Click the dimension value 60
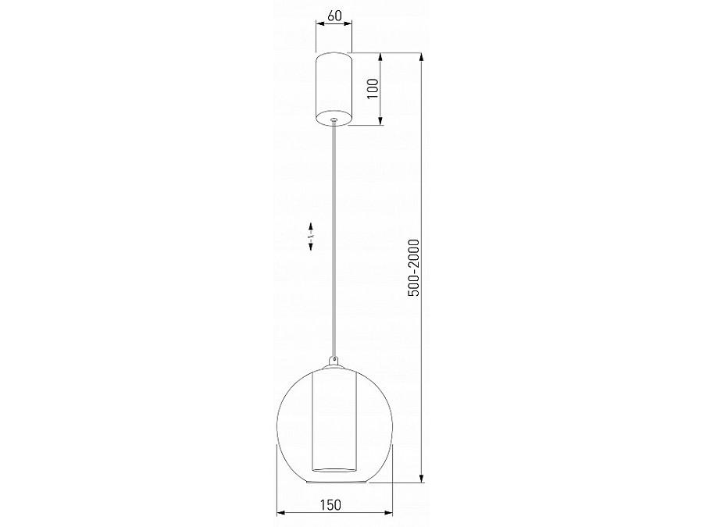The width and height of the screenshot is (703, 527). [x=334, y=16]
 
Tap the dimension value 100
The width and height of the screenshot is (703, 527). [x=373, y=87]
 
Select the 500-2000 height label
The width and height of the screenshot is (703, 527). [x=414, y=267]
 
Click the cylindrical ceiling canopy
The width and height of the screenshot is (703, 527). [x=334, y=87]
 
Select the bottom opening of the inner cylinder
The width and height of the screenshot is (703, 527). [x=334, y=470]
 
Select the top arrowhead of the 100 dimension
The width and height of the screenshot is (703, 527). [x=381, y=57]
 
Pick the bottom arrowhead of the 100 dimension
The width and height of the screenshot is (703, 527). [x=381, y=121]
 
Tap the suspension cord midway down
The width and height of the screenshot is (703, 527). [x=334, y=242]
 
